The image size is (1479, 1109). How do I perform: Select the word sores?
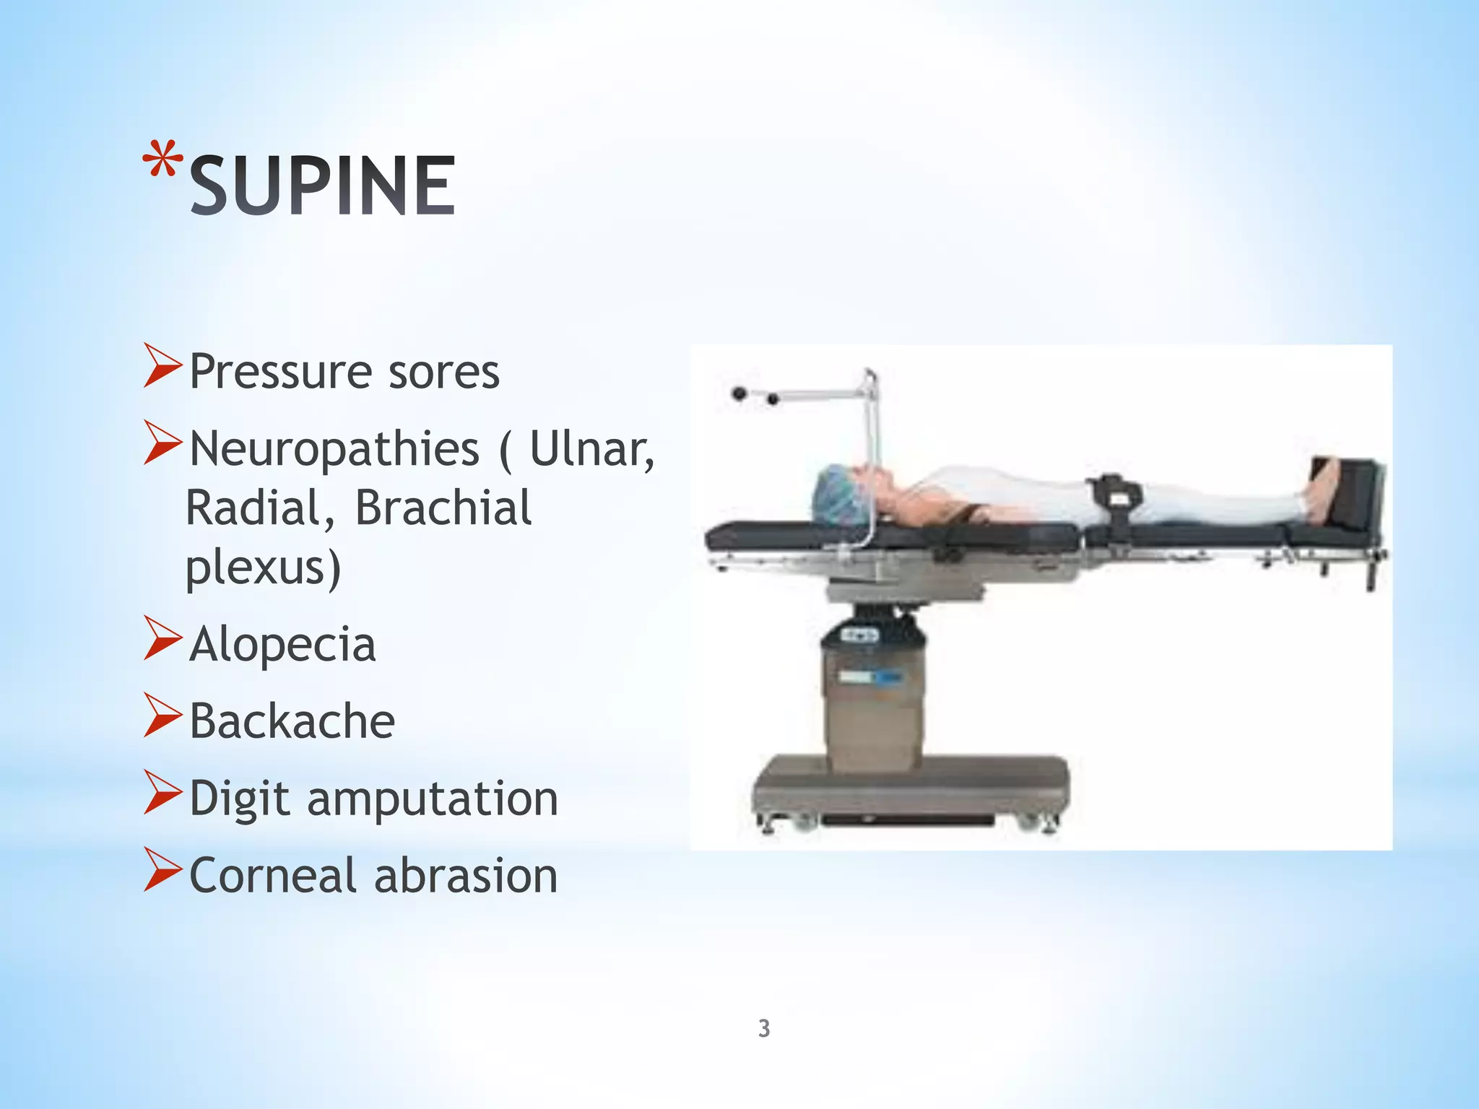[x=443, y=373]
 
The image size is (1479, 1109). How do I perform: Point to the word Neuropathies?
[x=334, y=449]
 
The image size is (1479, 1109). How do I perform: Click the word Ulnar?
[x=591, y=449]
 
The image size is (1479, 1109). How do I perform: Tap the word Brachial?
[x=443, y=508]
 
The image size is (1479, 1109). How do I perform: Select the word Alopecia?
[x=282, y=644]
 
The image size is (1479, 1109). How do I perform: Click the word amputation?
[x=433, y=799]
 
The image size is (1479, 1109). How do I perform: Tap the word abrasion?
[x=466, y=876]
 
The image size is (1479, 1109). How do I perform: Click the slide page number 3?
[x=764, y=1028]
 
